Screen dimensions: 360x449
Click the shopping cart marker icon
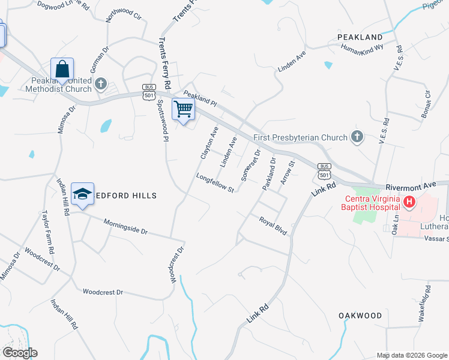183,109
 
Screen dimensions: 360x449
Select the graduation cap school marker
83,194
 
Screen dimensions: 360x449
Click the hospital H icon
409,202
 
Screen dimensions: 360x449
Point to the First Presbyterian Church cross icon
357,137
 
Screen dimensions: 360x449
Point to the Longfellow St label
214,183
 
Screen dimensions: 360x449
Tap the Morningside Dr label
125,226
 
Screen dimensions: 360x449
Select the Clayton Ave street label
209,143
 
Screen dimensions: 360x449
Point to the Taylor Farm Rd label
48,232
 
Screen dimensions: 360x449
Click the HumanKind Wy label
362,50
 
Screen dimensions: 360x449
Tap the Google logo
20,353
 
